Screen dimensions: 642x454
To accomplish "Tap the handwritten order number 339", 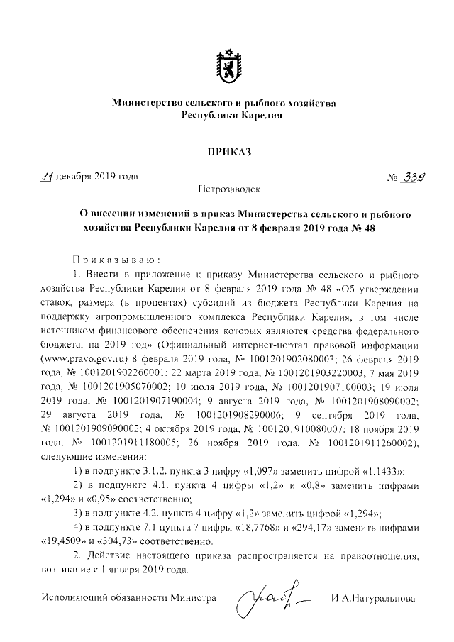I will (x=403, y=178).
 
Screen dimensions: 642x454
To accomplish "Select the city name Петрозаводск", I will (x=228, y=190).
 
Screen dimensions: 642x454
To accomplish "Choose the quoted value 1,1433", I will (x=380, y=472).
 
